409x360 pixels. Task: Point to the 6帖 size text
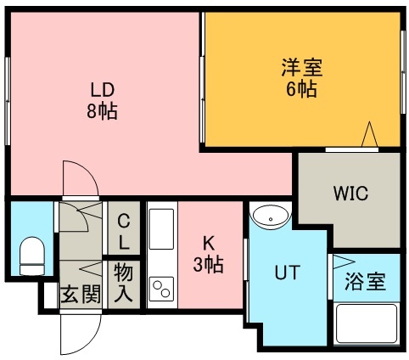click(301, 88)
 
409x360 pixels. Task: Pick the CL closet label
click(124, 232)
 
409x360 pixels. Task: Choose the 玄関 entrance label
click(80, 295)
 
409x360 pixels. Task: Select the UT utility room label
click(285, 273)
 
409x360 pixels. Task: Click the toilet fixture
click(31, 254)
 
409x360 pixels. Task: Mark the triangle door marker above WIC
click(370, 135)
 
